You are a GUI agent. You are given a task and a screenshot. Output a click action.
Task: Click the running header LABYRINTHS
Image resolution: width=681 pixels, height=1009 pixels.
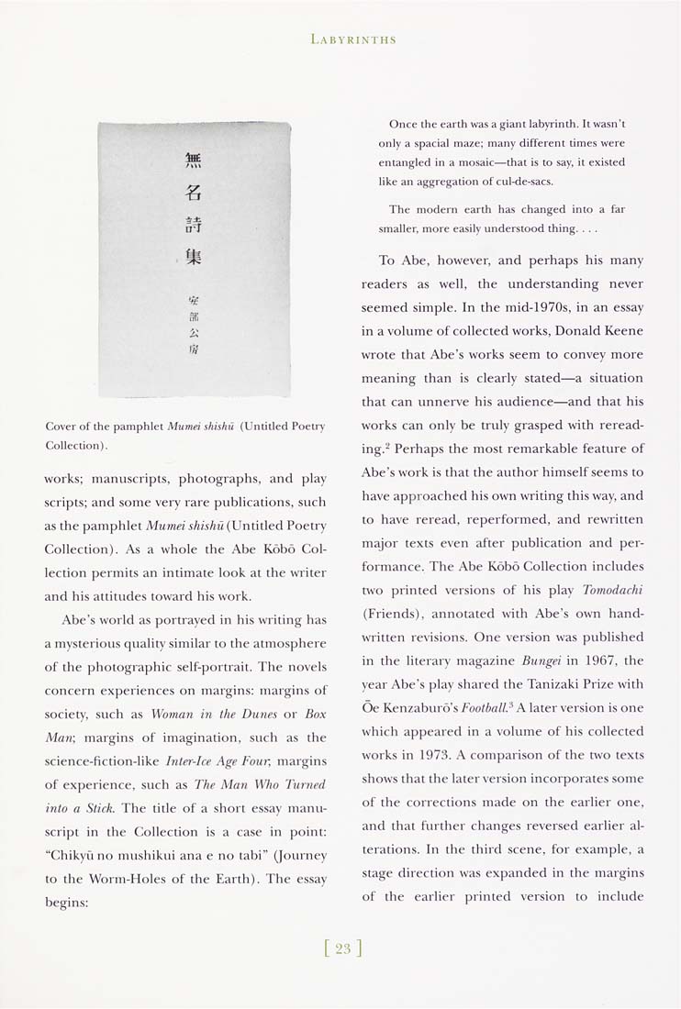[353, 39]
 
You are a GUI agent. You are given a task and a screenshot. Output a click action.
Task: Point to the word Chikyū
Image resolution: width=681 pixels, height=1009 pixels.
[76, 856]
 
